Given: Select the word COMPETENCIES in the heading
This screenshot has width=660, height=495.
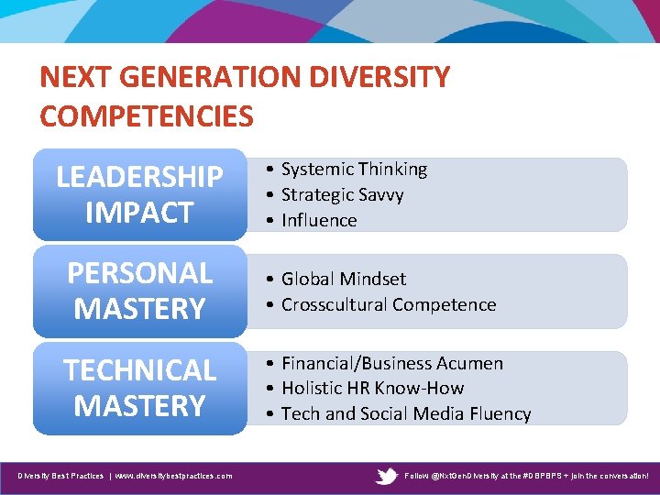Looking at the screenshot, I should point(147,116).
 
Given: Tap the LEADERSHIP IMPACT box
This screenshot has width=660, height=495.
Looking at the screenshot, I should point(139,194).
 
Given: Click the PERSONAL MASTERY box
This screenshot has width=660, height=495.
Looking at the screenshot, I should point(139,291).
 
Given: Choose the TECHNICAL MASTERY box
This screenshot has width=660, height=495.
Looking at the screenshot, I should point(139,388).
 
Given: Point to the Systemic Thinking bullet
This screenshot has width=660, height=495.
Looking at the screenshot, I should point(354,170).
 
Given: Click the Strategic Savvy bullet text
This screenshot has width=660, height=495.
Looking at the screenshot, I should point(342,194).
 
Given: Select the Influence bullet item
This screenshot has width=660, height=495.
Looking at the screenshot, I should point(319,220).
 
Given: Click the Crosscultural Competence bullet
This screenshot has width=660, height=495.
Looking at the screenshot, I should point(388,304).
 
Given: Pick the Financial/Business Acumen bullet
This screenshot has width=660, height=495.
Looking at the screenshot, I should point(391,364).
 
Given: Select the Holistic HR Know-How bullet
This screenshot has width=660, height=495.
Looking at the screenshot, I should point(372,389).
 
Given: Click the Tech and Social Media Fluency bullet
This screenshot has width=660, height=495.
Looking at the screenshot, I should point(405,414).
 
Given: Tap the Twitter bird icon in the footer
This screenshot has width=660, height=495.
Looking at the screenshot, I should point(388,476).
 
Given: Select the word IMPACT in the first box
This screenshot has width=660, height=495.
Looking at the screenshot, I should point(139,213).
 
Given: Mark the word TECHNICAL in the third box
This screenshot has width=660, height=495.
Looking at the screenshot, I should point(139,370).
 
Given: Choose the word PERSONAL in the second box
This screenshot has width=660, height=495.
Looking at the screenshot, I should point(139,273).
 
